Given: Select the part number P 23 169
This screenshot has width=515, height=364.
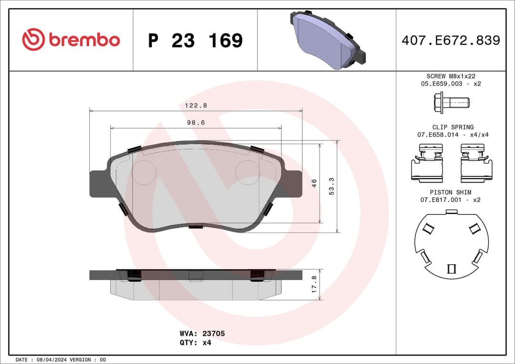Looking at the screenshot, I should pos(195,40).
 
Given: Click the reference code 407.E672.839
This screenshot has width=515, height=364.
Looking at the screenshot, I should pos(451,40).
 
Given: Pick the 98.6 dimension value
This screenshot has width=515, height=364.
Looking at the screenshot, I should pos(196,122).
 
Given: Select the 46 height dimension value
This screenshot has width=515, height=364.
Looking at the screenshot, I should pos(314,183).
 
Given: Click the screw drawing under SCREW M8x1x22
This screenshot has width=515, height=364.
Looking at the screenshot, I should pos(451,102).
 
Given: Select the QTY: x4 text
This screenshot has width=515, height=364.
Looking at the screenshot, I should pos(196,342).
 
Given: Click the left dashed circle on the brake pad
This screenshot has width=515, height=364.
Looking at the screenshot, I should pos(143,172).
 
